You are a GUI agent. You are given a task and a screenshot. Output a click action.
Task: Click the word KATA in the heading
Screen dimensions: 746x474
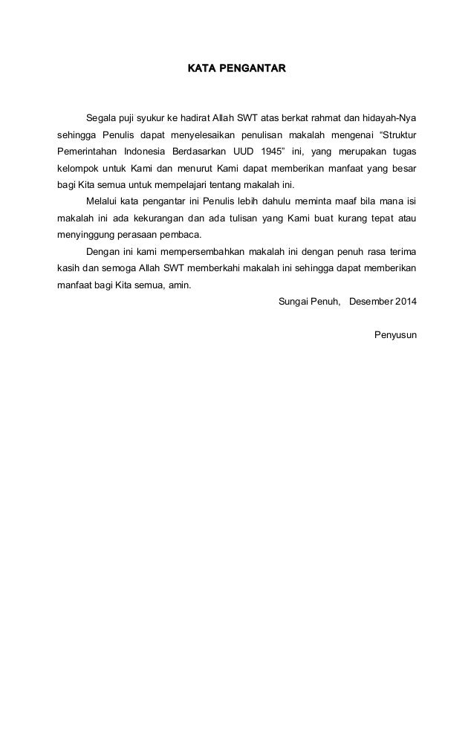(199, 69)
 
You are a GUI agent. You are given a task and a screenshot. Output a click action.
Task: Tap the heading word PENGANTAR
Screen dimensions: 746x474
(250, 69)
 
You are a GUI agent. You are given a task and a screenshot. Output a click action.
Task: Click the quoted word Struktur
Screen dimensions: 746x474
(398, 135)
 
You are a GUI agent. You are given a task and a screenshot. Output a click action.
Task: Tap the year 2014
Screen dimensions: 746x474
(406, 302)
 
